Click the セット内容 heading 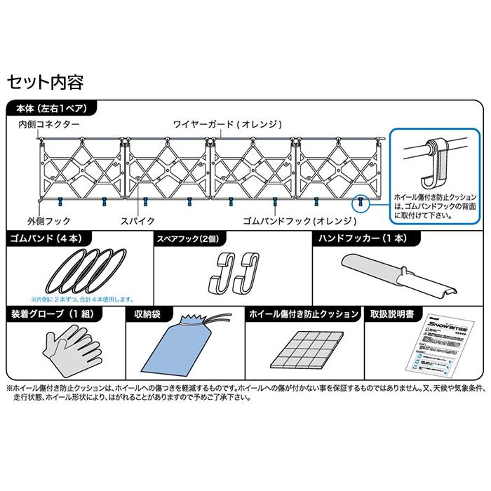tap(45, 82)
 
